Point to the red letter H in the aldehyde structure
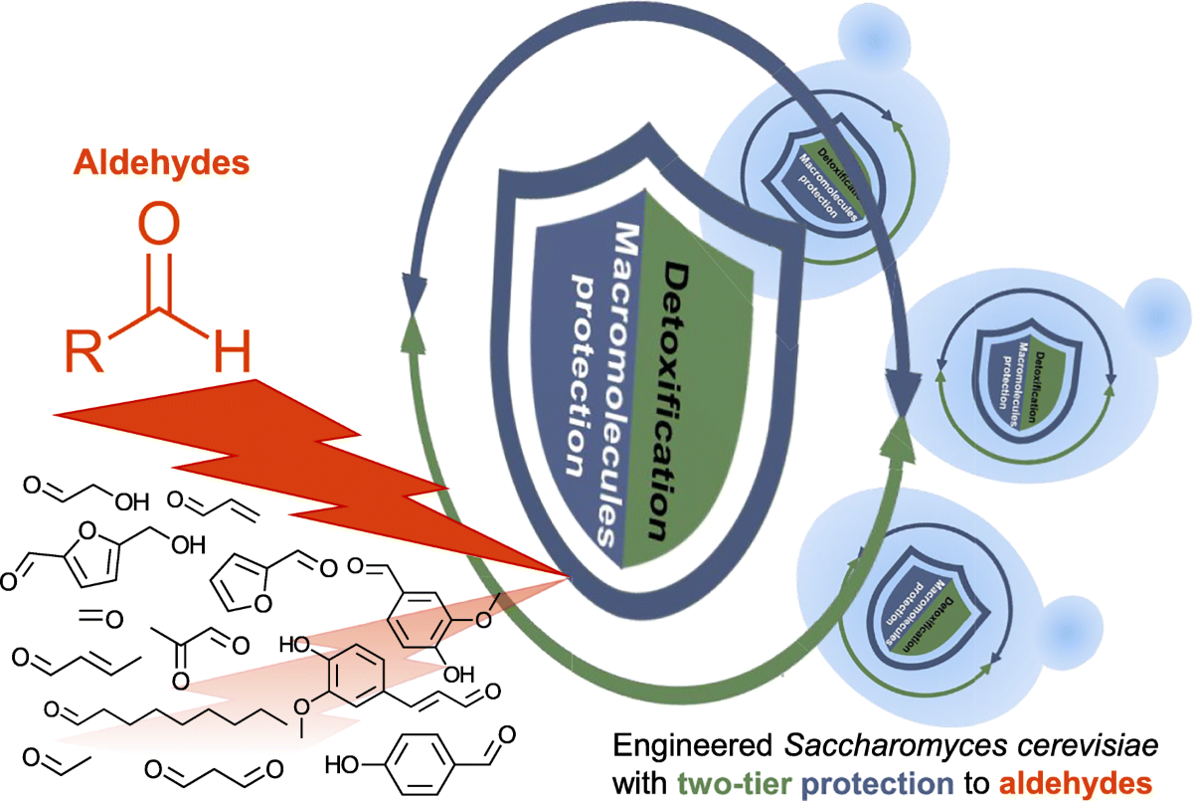point(231,352)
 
